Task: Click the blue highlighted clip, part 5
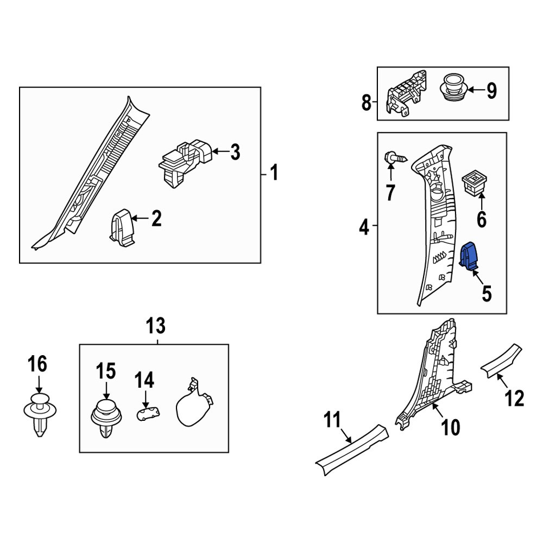tap(469, 256)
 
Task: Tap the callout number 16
tap(38, 364)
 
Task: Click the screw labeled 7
tap(395, 159)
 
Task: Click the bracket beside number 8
tap(404, 94)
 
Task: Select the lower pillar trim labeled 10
tap(434, 375)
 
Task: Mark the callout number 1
tap(274, 174)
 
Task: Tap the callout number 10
tap(450, 427)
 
